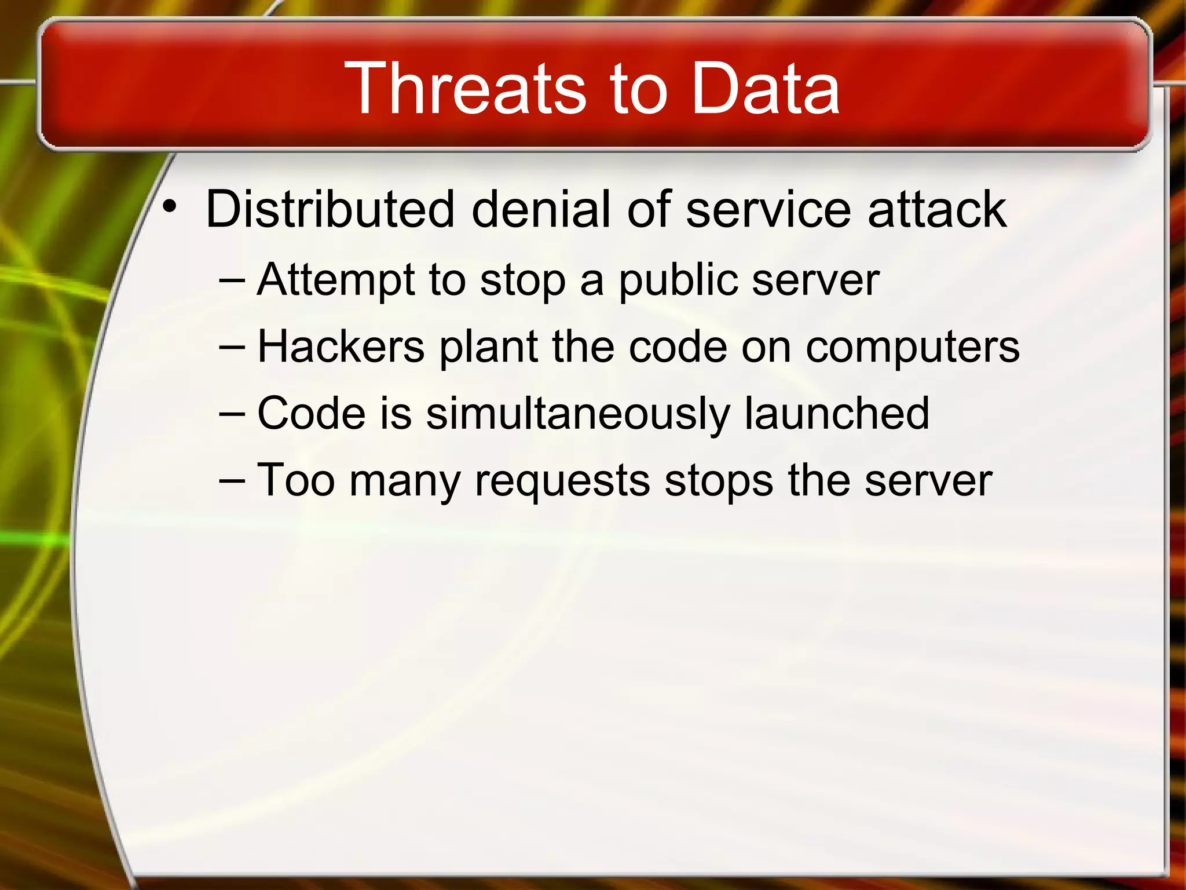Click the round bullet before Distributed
(x=169, y=206)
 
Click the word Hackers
(x=341, y=346)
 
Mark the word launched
(x=836, y=413)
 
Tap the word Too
(x=296, y=480)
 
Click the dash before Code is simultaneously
(x=233, y=414)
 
